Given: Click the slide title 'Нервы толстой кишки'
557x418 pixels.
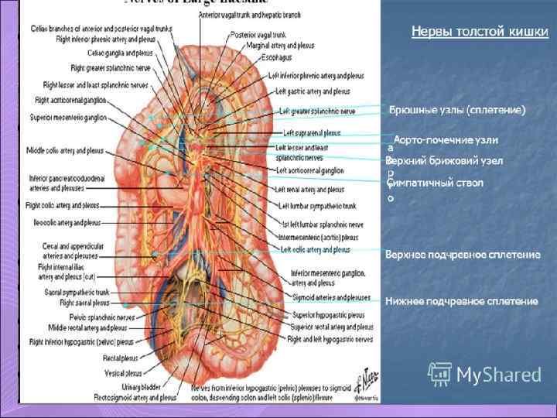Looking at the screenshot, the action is (x=480, y=32).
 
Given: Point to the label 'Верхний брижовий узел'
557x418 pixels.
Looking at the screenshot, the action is (x=444, y=160).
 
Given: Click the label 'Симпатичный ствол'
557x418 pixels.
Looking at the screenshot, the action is (x=436, y=183).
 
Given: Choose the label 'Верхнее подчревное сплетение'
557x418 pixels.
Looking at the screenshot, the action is (x=462, y=254).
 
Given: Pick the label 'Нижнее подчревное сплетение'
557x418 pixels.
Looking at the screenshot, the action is (x=461, y=300).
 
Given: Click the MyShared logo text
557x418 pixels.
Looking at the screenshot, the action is (x=498, y=375).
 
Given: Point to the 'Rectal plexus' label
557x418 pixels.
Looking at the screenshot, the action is (x=118, y=358).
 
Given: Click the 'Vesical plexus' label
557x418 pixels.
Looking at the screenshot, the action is (x=118, y=372).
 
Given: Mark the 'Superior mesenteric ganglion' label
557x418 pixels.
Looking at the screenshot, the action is (x=68, y=118).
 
